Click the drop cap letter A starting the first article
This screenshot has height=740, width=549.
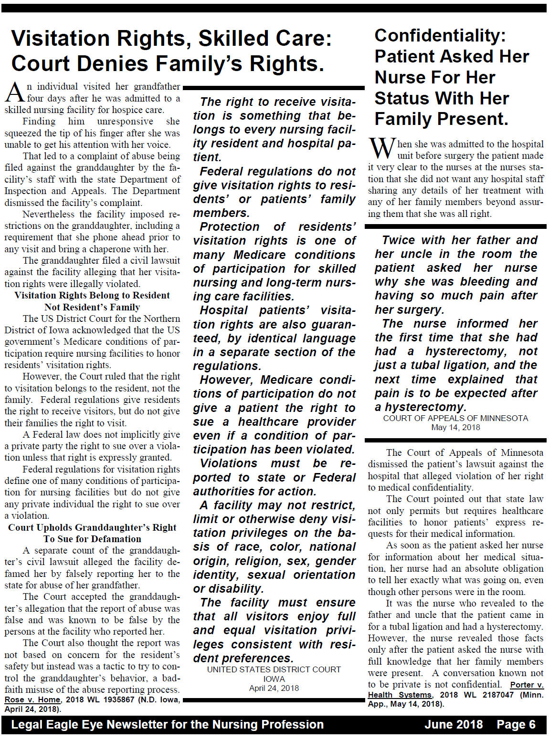pyautogui.click(x=14, y=92)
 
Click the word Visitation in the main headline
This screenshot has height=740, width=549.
pyautogui.click(x=60, y=39)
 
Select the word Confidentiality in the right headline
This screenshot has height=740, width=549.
pyautogui.click(x=440, y=35)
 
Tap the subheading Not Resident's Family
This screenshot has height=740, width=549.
pyautogui.click(x=92, y=307)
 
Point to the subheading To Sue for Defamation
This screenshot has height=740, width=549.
pyautogui.click(x=92, y=539)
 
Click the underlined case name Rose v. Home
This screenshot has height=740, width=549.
pyautogui.click(x=32, y=699)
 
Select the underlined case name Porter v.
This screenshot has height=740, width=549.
pyautogui.click(x=527, y=685)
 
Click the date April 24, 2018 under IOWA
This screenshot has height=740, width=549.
pyautogui.click(x=274, y=688)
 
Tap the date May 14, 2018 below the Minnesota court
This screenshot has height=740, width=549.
pyautogui.click(x=455, y=427)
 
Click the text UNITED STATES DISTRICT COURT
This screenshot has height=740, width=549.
pyautogui.click(x=274, y=669)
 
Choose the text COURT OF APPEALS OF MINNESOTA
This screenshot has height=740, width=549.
pyautogui.click(x=455, y=418)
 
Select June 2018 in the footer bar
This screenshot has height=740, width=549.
pyautogui.click(x=453, y=725)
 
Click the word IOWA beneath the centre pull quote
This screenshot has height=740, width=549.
pyautogui.click(x=274, y=679)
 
